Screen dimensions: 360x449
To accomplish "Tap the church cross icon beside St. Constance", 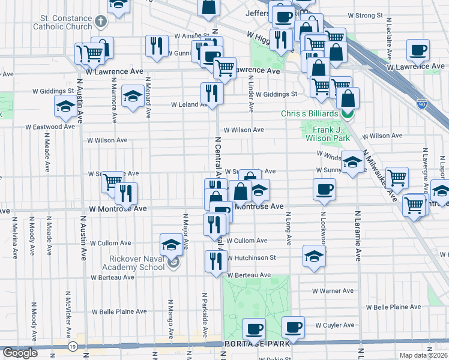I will pos(100,22).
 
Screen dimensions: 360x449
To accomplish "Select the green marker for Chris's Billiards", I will pos(346,113).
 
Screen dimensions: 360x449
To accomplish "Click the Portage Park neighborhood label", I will pos(257,344).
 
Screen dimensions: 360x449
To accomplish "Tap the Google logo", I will pos(20,353).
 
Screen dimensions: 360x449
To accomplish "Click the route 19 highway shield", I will pos(73,346).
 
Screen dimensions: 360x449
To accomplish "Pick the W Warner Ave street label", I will pos(333,291).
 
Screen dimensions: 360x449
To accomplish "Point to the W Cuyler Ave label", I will pos(335,325).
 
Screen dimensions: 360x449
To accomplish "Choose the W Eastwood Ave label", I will pos(50,127).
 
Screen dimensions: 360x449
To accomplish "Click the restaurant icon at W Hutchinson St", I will pos(215,260).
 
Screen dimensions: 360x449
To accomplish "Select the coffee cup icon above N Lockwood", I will pos(324,189).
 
